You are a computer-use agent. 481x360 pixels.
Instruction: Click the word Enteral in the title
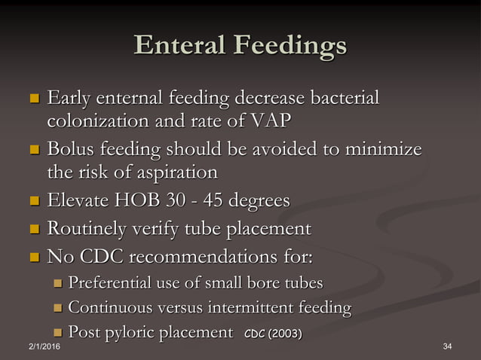click(x=178, y=46)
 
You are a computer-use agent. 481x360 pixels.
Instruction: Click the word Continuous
click(x=109, y=307)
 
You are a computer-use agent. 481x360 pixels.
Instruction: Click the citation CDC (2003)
click(x=273, y=333)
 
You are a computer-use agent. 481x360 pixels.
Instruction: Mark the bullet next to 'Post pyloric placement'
click(x=57, y=332)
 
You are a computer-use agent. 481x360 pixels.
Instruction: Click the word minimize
click(x=383, y=150)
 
